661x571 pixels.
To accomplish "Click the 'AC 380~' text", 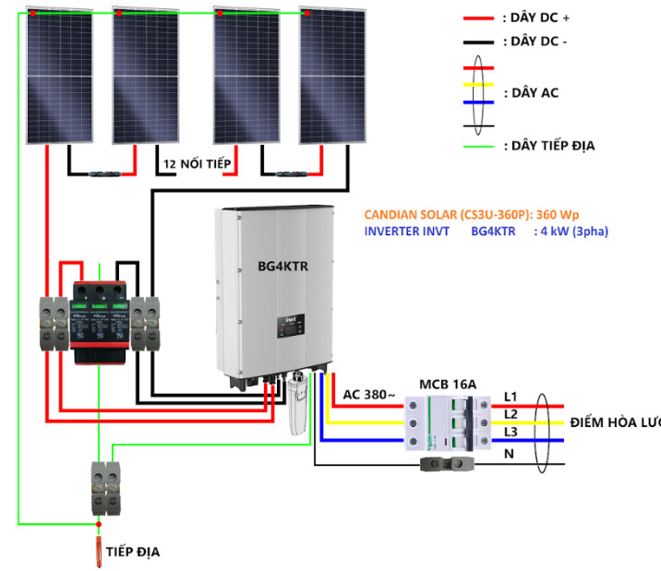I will [x=369, y=395].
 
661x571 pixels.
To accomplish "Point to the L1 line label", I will [x=511, y=397].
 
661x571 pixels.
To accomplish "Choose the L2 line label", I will [x=511, y=414].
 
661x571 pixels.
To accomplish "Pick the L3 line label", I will [x=511, y=433].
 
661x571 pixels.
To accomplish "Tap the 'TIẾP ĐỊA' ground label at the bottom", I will [x=133, y=551].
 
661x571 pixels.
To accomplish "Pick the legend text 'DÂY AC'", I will [x=531, y=93].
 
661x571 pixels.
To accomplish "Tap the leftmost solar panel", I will [x=59, y=76].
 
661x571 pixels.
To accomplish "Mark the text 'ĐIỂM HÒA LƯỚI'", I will [x=615, y=422].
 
